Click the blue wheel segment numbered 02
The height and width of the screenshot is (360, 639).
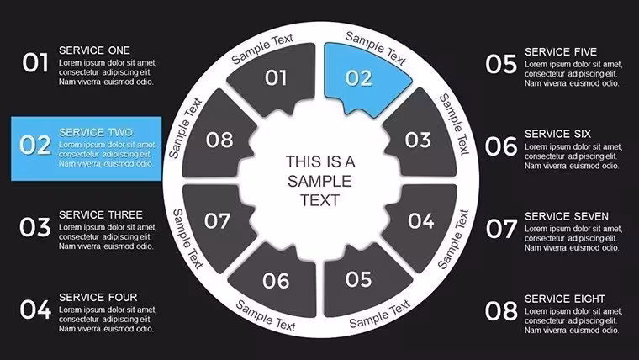(x=362, y=77)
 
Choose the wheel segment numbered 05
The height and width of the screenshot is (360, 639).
(x=361, y=281)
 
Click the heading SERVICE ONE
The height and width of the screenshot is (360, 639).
(x=94, y=50)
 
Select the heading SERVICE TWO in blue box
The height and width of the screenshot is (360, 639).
(x=96, y=133)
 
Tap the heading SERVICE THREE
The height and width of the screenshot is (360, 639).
(x=101, y=214)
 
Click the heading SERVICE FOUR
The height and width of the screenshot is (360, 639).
(x=98, y=297)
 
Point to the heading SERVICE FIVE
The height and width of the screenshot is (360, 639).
(x=561, y=52)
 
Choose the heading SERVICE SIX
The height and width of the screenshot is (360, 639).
(x=558, y=134)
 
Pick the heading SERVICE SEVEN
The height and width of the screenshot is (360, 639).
(x=567, y=216)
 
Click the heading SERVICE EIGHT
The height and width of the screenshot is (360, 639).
(x=565, y=299)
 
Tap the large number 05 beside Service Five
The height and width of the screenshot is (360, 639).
(x=501, y=65)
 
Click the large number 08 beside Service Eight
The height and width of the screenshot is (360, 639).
(x=501, y=311)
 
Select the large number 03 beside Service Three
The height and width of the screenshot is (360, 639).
(x=35, y=227)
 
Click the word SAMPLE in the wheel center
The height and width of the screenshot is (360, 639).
(x=319, y=181)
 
